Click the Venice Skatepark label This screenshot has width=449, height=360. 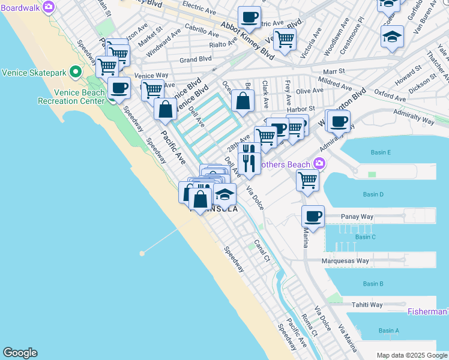click(x=33, y=73)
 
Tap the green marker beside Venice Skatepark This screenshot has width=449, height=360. click(x=76, y=73)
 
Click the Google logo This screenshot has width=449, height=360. click(x=20, y=353)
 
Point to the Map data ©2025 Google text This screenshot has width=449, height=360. click(x=411, y=355)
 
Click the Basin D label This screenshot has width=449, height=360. click(x=373, y=194)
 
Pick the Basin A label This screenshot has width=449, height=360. click(x=389, y=331)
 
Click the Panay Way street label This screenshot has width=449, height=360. click(x=357, y=216)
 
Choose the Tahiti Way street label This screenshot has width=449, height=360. click(x=367, y=305)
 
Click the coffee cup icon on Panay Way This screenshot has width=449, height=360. click(x=313, y=215)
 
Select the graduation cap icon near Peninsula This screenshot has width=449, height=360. click(x=225, y=195)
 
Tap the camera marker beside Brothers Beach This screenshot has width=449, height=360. click(x=319, y=163)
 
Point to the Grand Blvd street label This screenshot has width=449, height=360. click(x=196, y=60)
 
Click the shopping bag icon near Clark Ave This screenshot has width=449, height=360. click(x=243, y=100)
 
